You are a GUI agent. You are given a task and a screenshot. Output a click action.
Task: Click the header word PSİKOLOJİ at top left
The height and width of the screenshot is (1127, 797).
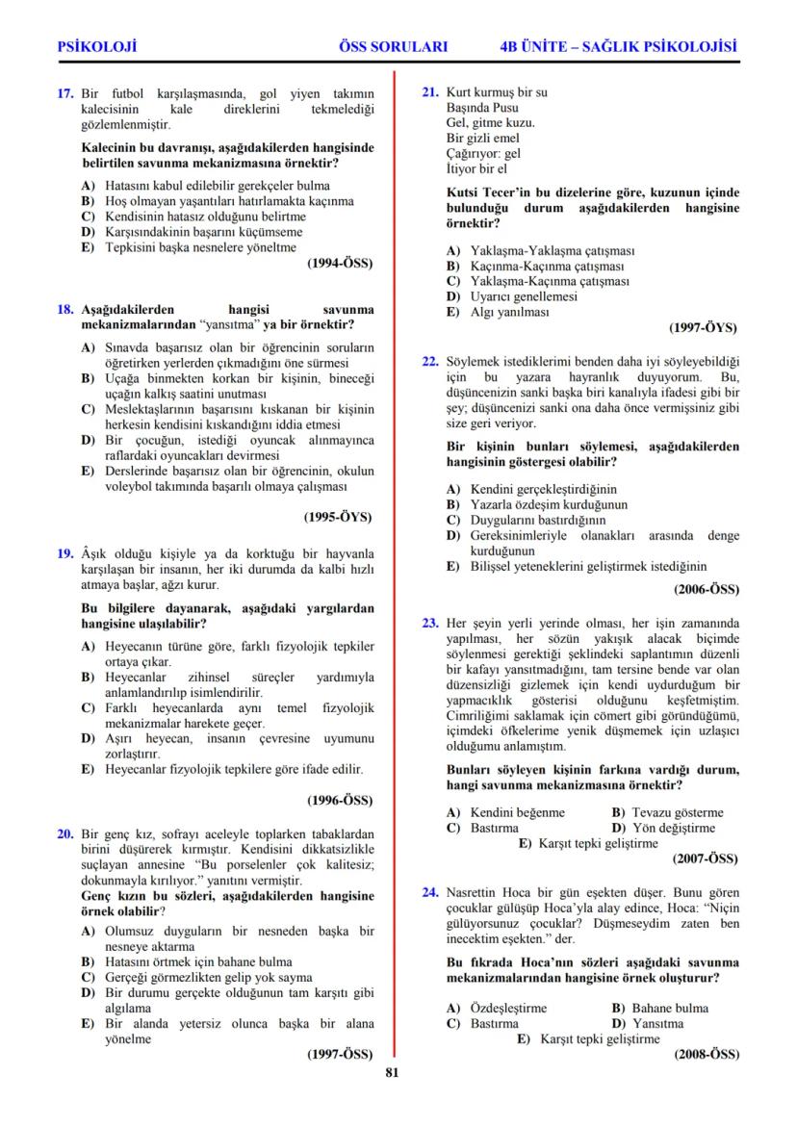coord(96,45)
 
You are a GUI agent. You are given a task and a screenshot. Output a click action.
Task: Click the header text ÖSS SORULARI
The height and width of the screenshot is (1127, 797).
coord(394,45)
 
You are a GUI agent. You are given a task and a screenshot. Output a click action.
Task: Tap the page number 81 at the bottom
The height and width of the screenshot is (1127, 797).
coord(391,1074)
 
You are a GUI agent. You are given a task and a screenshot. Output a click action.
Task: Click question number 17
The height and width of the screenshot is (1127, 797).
coord(65,93)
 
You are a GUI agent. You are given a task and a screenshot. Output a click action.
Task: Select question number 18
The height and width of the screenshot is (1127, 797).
coord(65,310)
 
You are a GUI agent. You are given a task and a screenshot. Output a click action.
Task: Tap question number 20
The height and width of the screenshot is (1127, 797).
coord(65,833)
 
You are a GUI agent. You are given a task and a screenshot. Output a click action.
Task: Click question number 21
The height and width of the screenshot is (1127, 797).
coord(431,92)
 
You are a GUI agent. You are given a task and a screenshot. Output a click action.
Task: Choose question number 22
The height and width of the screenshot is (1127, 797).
coord(431,362)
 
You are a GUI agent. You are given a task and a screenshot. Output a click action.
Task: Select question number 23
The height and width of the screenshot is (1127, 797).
coord(431,623)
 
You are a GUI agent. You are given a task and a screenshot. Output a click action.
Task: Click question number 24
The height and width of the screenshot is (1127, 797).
coord(431,892)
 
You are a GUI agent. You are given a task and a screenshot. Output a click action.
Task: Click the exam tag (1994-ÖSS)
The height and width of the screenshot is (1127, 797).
coord(339,263)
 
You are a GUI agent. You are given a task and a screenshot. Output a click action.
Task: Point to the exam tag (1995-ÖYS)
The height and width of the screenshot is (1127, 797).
coord(338,517)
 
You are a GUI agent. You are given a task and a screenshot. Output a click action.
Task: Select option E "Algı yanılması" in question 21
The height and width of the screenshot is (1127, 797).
coord(495,313)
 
